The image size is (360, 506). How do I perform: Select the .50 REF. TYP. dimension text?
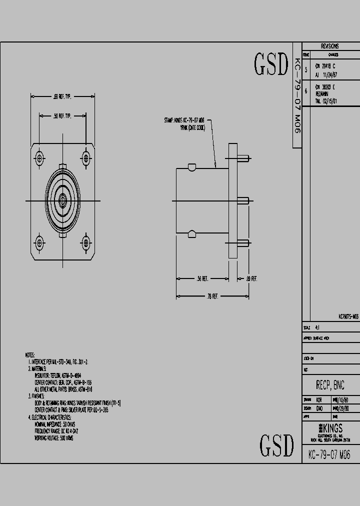point(62,116)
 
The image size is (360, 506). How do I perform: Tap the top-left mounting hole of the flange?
point(39,159)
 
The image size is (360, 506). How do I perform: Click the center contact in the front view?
point(62,201)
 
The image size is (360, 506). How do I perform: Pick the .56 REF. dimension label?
point(202,278)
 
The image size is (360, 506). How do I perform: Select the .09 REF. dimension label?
point(251,278)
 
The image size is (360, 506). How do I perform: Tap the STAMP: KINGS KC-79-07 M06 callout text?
point(184,120)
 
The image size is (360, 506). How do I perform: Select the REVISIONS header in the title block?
point(330,45)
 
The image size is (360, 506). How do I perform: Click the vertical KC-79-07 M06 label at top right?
point(296,95)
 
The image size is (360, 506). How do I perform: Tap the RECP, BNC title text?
point(330,385)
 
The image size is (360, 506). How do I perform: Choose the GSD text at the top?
point(271,64)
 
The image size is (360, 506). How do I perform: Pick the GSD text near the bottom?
point(276,444)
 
